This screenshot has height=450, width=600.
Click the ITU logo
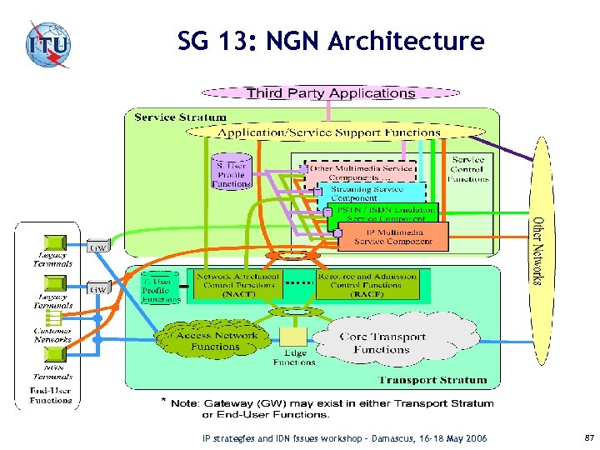point(47,42)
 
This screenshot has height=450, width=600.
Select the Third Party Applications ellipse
point(331,93)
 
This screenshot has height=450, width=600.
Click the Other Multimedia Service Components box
point(359,172)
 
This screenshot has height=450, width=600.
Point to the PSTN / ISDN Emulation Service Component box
point(382,213)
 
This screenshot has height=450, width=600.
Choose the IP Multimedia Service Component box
point(394,237)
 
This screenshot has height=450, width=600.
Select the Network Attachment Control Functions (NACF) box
point(234,284)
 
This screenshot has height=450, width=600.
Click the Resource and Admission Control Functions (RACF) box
point(367,284)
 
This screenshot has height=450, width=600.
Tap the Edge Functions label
point(294,357)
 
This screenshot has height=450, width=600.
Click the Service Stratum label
point(179,117)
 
